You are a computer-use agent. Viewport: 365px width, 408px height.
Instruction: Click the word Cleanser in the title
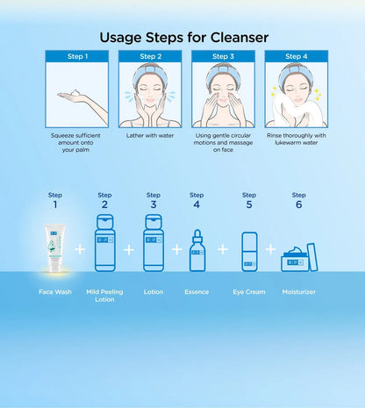pyautogui.click(x=240, y=38)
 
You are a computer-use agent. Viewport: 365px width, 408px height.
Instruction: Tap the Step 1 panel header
pyautogui.click(x=77, y=56)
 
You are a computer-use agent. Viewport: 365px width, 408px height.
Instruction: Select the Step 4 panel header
pyautogui.click(x=297, y=56)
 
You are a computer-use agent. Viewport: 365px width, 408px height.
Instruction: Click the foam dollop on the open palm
pyautogui.click(x=75, y=93)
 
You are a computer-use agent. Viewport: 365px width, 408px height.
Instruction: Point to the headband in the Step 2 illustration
pyautogui.click(x=150, y=73)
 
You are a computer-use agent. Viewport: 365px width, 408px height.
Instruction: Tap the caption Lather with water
pyautogui.click(x=150, y=135)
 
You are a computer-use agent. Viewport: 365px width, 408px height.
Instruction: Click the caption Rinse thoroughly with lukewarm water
pyautogui.click(x=297, y=139)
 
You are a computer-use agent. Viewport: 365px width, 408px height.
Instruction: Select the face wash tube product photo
pyautogui.click(x=54, y=248)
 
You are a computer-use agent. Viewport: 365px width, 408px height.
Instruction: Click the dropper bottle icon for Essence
pyautogui.click(x=197, y=251)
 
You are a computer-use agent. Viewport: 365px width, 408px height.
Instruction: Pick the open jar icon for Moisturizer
pyautogui.click(x=299, y=258)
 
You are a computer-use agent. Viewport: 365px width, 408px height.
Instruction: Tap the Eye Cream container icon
pyautogui.click(x=249, y=252)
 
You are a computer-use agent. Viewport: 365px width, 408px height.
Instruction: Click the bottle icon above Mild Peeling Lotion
pyautogui.click(x=105, y=243)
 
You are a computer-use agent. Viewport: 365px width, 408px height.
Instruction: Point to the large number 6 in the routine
pyautogui.click(x=298, y=204)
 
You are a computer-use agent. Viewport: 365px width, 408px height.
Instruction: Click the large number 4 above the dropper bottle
pyautogui.click(x=197, y=204)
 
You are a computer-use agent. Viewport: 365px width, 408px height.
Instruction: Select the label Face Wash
pyautogui.click(x=55, y=291)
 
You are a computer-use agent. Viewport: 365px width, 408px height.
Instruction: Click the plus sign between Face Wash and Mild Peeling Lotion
pyautogui.click(x=80, y=249)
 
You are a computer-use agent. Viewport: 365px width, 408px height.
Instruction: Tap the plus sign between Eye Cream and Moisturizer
pyautogui.click(x=270, y=249)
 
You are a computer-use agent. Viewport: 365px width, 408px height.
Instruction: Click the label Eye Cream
pyautogui.click(x=249, y=291)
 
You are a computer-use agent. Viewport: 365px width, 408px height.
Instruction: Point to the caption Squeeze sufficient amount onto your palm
pyautogui.click(x=75, y=142)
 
